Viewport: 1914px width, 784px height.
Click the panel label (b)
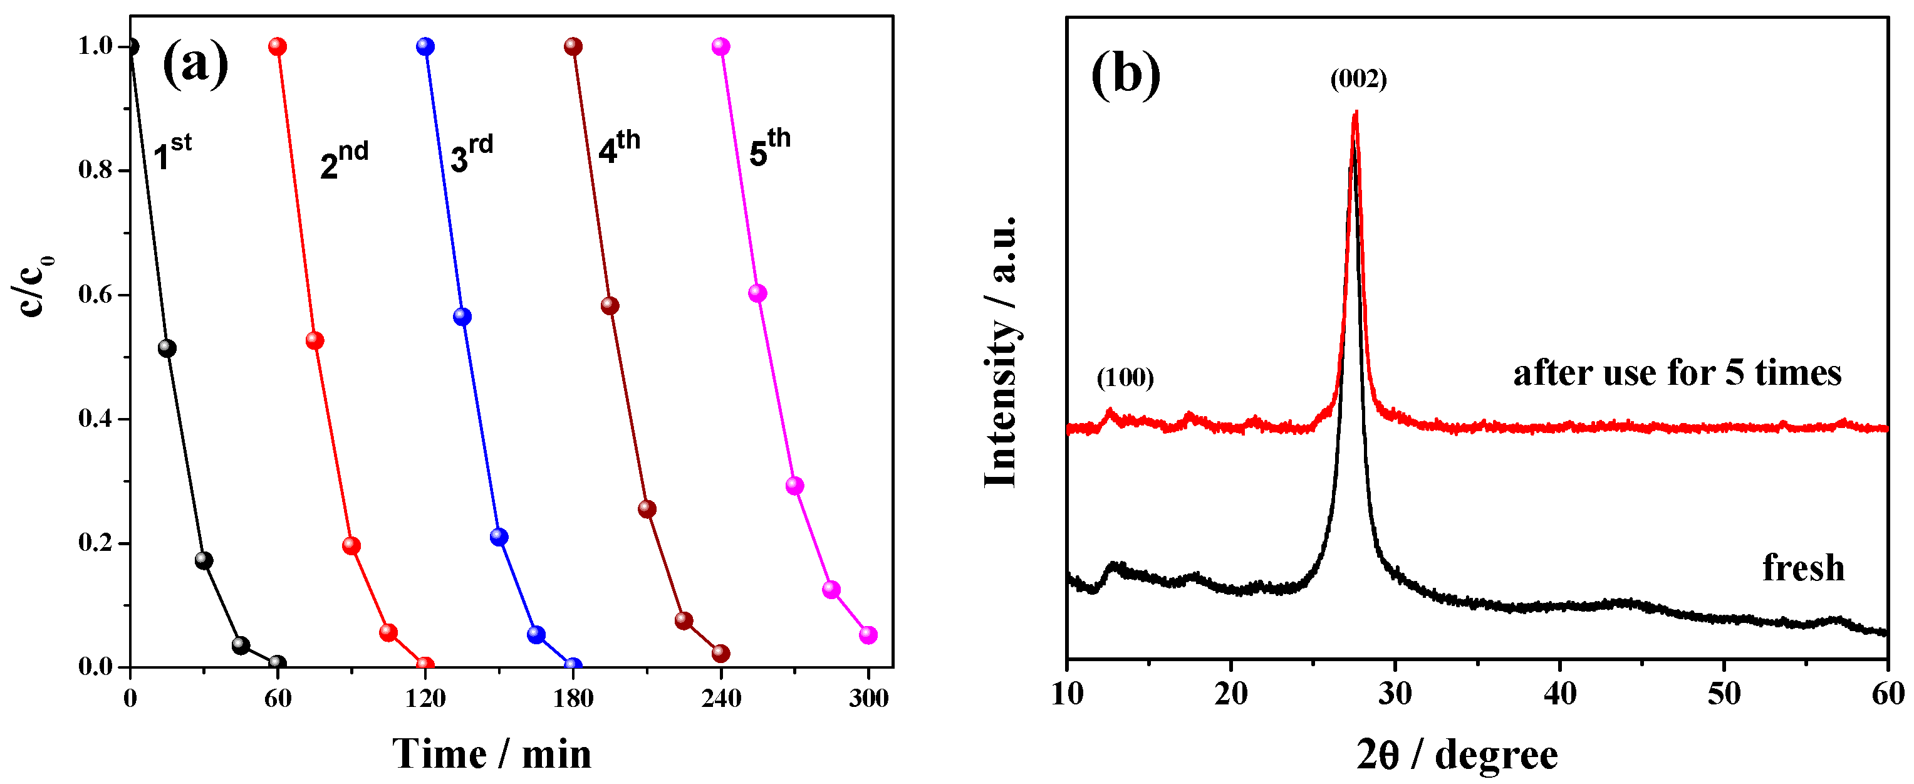click(1125, 75)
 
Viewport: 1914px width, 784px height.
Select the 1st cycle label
click(172, 152)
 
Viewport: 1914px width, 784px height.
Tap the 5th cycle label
click(769, 147)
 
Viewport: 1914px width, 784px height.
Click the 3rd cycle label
click(471, 153)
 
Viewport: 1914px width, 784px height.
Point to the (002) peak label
click(1358, 79)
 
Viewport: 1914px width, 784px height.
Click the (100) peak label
click(1125, 379)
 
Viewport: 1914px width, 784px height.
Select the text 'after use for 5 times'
click(1677, 372)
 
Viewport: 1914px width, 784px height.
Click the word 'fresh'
click(1803, 568)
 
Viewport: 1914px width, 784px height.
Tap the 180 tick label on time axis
click(573, 699)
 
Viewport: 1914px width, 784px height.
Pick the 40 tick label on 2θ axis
click(1559, 694)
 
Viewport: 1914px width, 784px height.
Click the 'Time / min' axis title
click(492, 755)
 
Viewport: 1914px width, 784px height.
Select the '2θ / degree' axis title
click(1456, 756)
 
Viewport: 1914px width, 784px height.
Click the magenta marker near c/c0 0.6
click(757, 293)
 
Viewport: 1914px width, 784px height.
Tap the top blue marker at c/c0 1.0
click(425, 47)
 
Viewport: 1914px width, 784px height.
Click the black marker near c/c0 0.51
click(167, 348)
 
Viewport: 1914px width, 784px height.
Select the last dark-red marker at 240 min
click(720, 653)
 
